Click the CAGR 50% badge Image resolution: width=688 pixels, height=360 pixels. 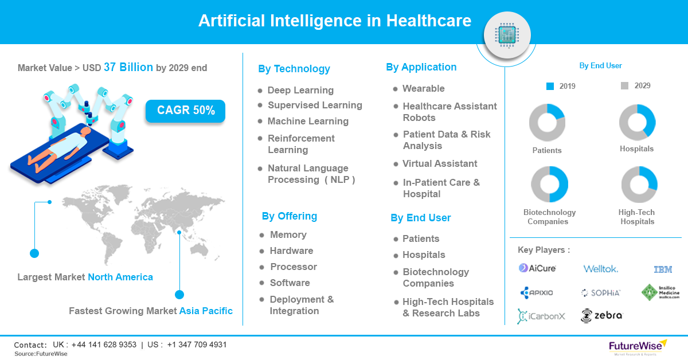click(185, 111)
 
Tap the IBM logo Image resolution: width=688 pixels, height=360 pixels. click(663, 269)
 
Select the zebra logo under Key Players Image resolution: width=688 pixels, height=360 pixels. click(601, 316)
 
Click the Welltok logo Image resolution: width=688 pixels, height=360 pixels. click(601, 269)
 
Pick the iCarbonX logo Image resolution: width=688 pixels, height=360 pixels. click(541, 316)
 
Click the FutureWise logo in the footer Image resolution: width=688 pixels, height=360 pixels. click(638, 346)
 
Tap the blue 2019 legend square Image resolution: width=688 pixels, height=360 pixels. click(550, 87)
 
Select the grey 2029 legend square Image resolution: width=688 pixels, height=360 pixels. click(624, 85)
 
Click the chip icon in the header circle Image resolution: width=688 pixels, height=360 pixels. click(507, 35)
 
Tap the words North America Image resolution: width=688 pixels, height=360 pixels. click(120, 277)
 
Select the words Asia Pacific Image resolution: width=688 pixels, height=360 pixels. click(206, 311)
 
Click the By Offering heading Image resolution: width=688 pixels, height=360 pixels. click(290, 216)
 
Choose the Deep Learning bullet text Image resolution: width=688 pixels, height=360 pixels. click(300, 91)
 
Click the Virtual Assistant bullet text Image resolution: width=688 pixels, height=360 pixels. click(440, 164)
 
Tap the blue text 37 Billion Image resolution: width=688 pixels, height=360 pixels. click(128, 67)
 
